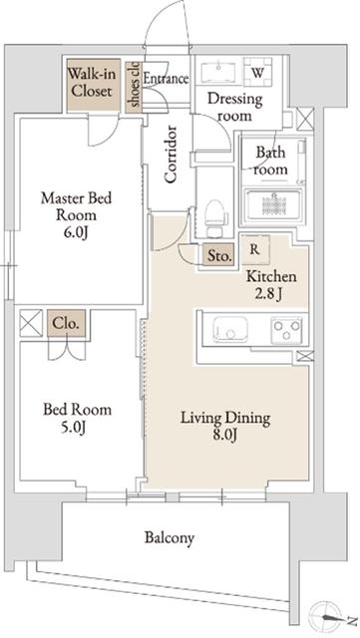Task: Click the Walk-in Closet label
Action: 91,82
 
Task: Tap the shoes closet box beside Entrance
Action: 134,87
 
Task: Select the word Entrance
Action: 167,78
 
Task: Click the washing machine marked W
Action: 257,72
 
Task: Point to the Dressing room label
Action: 235,107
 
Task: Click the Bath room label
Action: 270,160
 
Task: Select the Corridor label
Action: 171,155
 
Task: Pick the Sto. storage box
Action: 218,255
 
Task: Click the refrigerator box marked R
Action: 255,249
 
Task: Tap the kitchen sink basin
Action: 230,328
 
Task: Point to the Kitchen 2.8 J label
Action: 271,286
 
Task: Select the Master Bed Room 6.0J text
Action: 76,214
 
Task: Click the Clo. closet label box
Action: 67,323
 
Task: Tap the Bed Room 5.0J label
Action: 78,418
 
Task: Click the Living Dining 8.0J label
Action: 225,426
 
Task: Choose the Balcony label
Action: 170,537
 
